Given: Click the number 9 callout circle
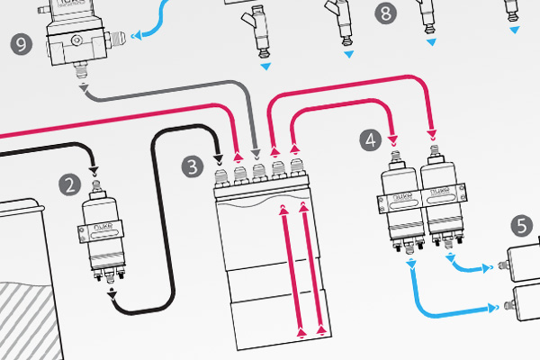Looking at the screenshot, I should (x=19, y=42).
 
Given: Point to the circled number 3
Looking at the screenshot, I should (x=192, y=166).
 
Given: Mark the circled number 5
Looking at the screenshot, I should (x=522, y=223).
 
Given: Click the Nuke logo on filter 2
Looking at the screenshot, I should (x=100, y=229).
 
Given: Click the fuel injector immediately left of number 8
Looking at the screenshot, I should (x=340, y=20).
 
